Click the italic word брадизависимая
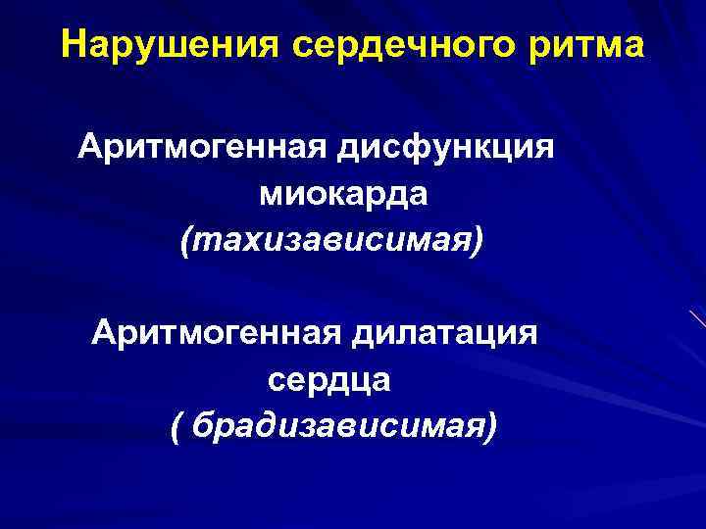[339, 423]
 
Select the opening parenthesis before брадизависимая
[176, 424]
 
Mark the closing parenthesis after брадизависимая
[490, 424]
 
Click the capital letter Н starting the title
[72, 46]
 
